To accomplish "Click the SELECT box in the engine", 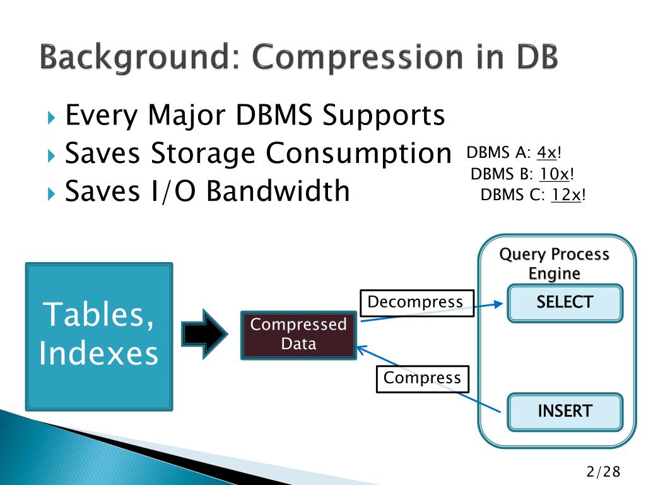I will tap(565, 302).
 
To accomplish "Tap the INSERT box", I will tap(565, 412).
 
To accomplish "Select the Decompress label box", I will tap(416, 302).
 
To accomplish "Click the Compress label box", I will tap(423, 379).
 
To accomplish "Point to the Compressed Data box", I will tap(298, 335).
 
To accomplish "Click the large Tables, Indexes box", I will tap(98, 336).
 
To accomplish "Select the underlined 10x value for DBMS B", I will tap(555, 174).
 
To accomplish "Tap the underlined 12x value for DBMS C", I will tap(566, 195).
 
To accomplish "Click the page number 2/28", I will tap(603, 471).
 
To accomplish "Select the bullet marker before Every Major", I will tap(52, 118).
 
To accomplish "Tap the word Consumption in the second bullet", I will tap(358, 153).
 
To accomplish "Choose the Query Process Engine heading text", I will tap(554, 263).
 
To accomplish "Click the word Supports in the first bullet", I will tap(384, 116).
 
